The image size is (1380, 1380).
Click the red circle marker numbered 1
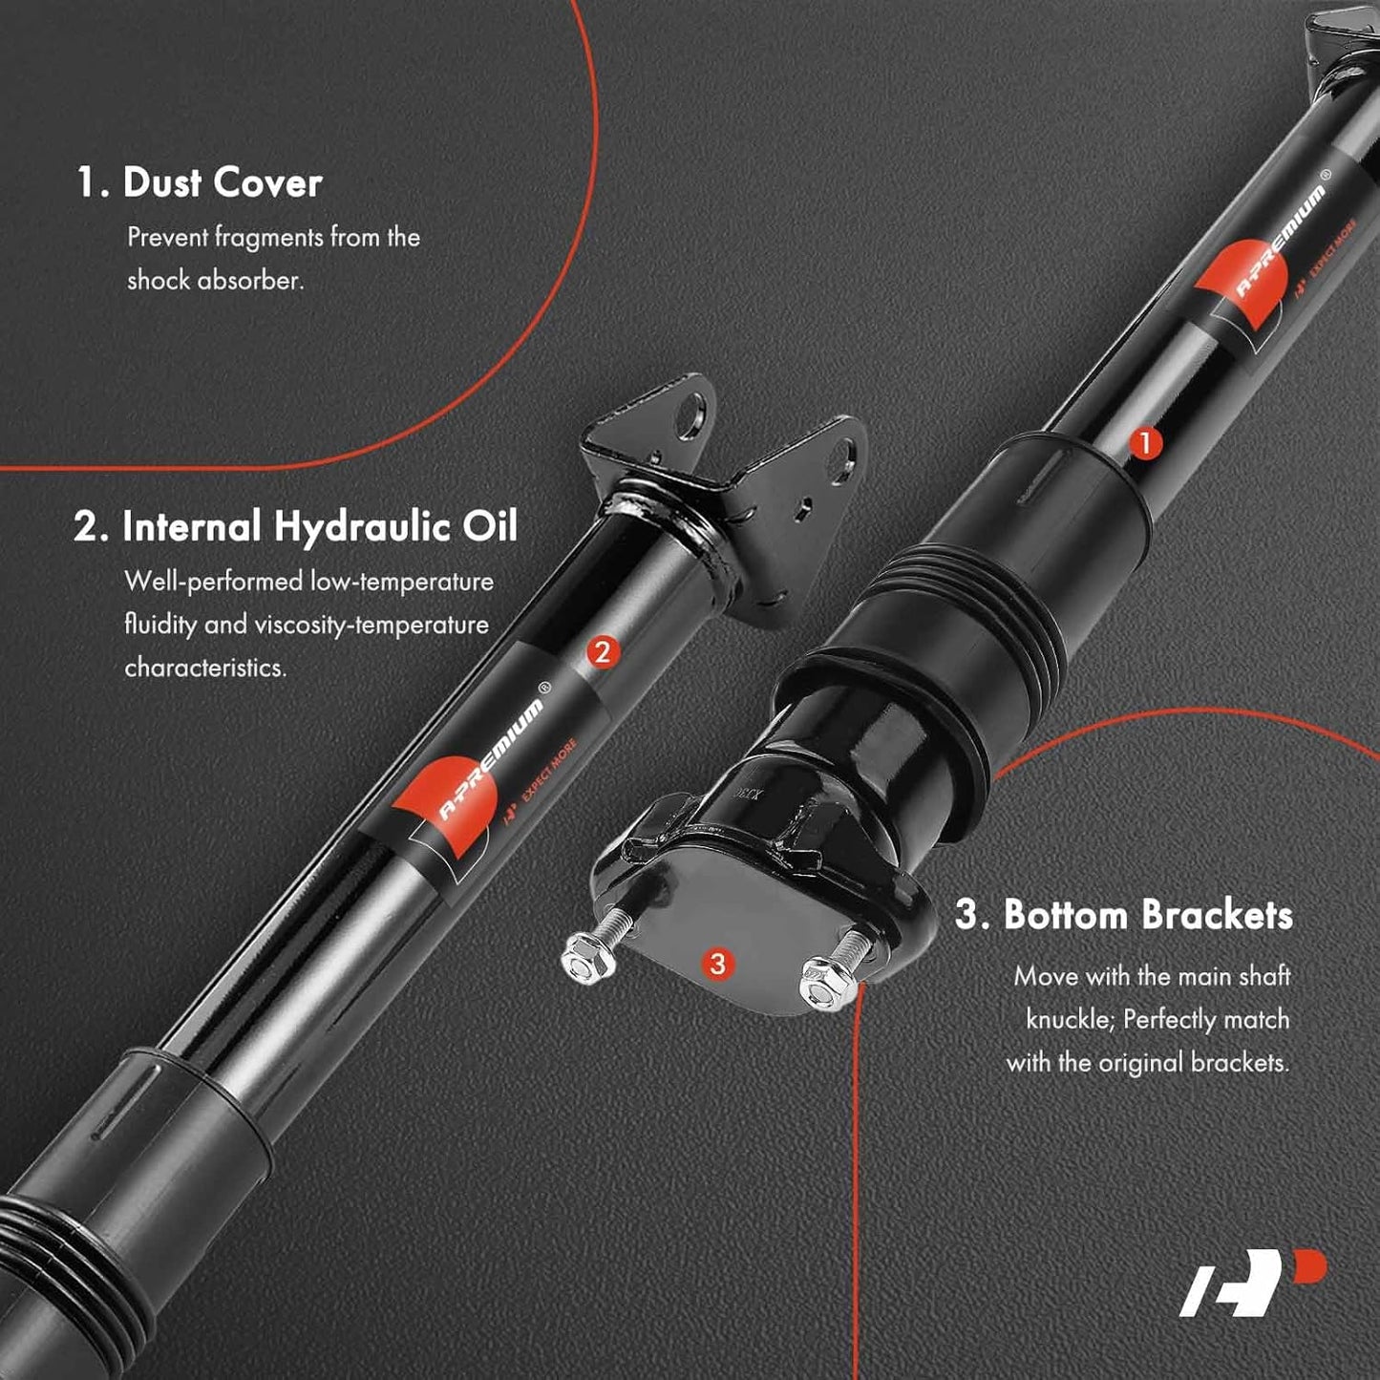tap(1144, 444)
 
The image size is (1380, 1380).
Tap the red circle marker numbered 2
tap(603, 652)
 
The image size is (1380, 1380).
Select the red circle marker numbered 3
tap(717, 964)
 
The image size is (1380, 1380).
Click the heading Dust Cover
tap(199, 182)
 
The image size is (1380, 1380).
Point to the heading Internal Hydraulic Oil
tap(295, 526)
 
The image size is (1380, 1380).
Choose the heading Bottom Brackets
tap(1124, 915)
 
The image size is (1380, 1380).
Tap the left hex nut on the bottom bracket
tap(588, 957)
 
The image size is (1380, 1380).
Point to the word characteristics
tap(205, 668)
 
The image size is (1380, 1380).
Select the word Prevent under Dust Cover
tap(167, 237)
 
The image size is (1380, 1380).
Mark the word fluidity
tap(160, 625)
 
